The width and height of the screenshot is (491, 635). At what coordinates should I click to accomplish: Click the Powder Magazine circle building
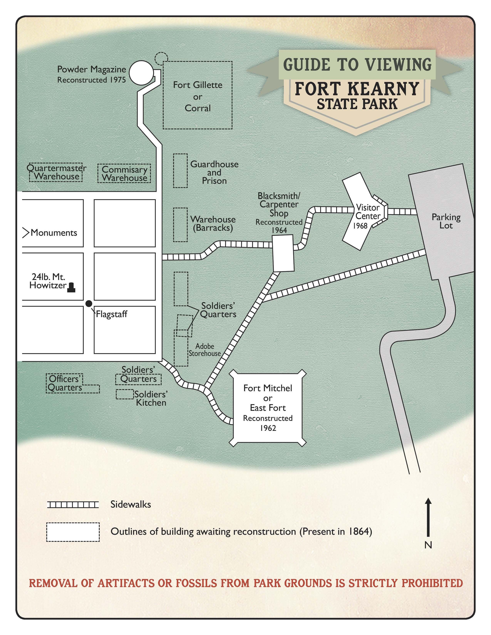pos(141,73)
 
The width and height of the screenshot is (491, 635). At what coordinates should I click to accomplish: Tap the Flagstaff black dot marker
pos(89,303)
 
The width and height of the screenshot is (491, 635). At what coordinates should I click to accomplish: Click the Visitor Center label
pos(368,212)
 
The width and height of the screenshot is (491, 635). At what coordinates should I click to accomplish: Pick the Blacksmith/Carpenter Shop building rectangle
pos(283,253)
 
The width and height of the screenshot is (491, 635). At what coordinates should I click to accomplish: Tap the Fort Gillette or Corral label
pos(198,97)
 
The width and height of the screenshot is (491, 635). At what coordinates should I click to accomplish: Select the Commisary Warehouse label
pos(125,174)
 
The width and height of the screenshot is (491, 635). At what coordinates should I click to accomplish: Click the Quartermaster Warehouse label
pos(56,172)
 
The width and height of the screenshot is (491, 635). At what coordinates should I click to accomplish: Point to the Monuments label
pos(54,233)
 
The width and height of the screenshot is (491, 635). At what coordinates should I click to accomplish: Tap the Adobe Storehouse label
pos(205,350)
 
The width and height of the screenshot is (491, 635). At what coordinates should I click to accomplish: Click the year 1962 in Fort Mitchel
pos(268,428)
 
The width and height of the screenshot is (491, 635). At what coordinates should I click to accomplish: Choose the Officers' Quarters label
pos(65,383)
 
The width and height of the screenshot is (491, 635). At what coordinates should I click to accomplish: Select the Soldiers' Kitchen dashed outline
pos(125,394)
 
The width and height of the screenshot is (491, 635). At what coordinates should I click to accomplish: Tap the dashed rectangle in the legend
pos(73,532)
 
